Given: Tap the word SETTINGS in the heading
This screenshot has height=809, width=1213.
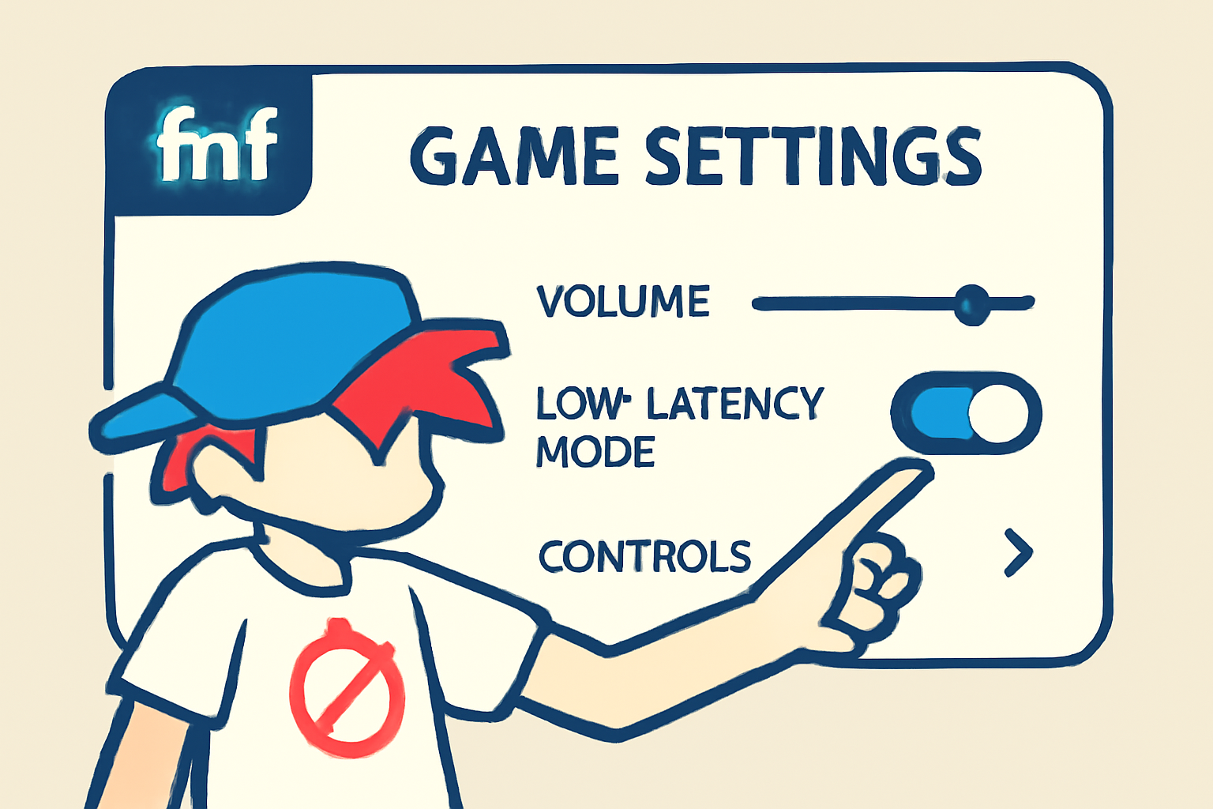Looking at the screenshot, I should coord(813,156).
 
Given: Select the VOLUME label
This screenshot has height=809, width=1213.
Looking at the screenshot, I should coord(623,302).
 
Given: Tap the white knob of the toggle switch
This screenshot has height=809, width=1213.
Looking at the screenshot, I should coord(998,413).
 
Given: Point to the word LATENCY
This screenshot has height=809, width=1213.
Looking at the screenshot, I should coord(735,404).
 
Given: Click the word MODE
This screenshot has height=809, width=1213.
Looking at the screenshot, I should coord(595,452).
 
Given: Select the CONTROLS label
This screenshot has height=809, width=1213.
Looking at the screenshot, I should coord(644,557).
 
